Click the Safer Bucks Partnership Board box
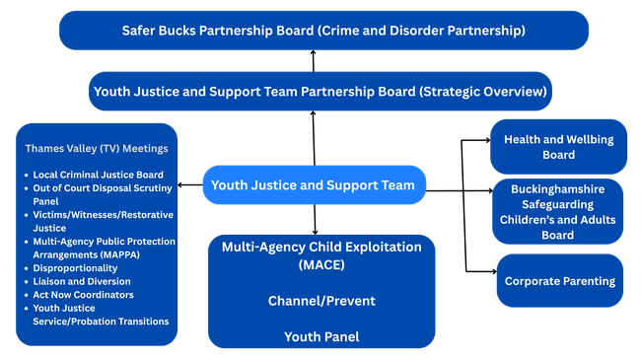pyautogui.click(x=323, y=31)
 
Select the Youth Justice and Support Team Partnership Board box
pyautogui.click(x=320, y=91)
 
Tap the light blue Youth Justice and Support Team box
pyautogui.click(x=315, y=183)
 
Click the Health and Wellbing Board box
pyautogui.click(x=558, y=147)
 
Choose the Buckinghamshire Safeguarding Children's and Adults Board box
pyautogui.click(x=558, y=211)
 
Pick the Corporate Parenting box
pyautogui.click(x=559, y=281)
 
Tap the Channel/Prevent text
pyautogui.click(x=321, y=301)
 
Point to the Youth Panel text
pyautogui.click(x=321, y=336)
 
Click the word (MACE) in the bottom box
pyautogui.click(x=321, y=265)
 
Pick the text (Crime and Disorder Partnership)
pyautogui.click(x=422, y=31)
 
